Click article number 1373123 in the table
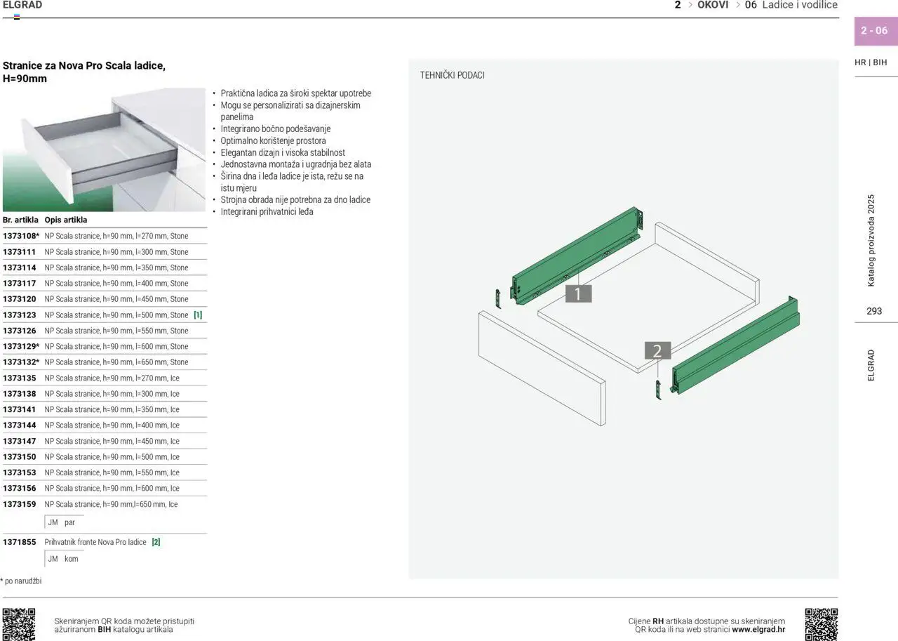coord(19,315)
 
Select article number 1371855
coord(19,542)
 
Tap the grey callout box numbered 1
coord(579,293)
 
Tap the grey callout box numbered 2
coord(657,351)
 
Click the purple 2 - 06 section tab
coord(876,31)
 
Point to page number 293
coord(874,311)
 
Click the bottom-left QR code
coord(19,624)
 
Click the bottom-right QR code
coord(822,624)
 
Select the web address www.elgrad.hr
coord(758,629)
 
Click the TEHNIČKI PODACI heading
coord(453,75)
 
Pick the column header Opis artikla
coord(66,220)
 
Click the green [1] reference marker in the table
coord(198,315)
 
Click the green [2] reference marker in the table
coord(156,542)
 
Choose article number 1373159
coord(19,504)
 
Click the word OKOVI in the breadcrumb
coord(713,5)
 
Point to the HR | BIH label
coord(871,62)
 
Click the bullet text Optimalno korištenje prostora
coord(273,141)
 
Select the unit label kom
coord(72,559)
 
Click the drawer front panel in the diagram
coord(542,368)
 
